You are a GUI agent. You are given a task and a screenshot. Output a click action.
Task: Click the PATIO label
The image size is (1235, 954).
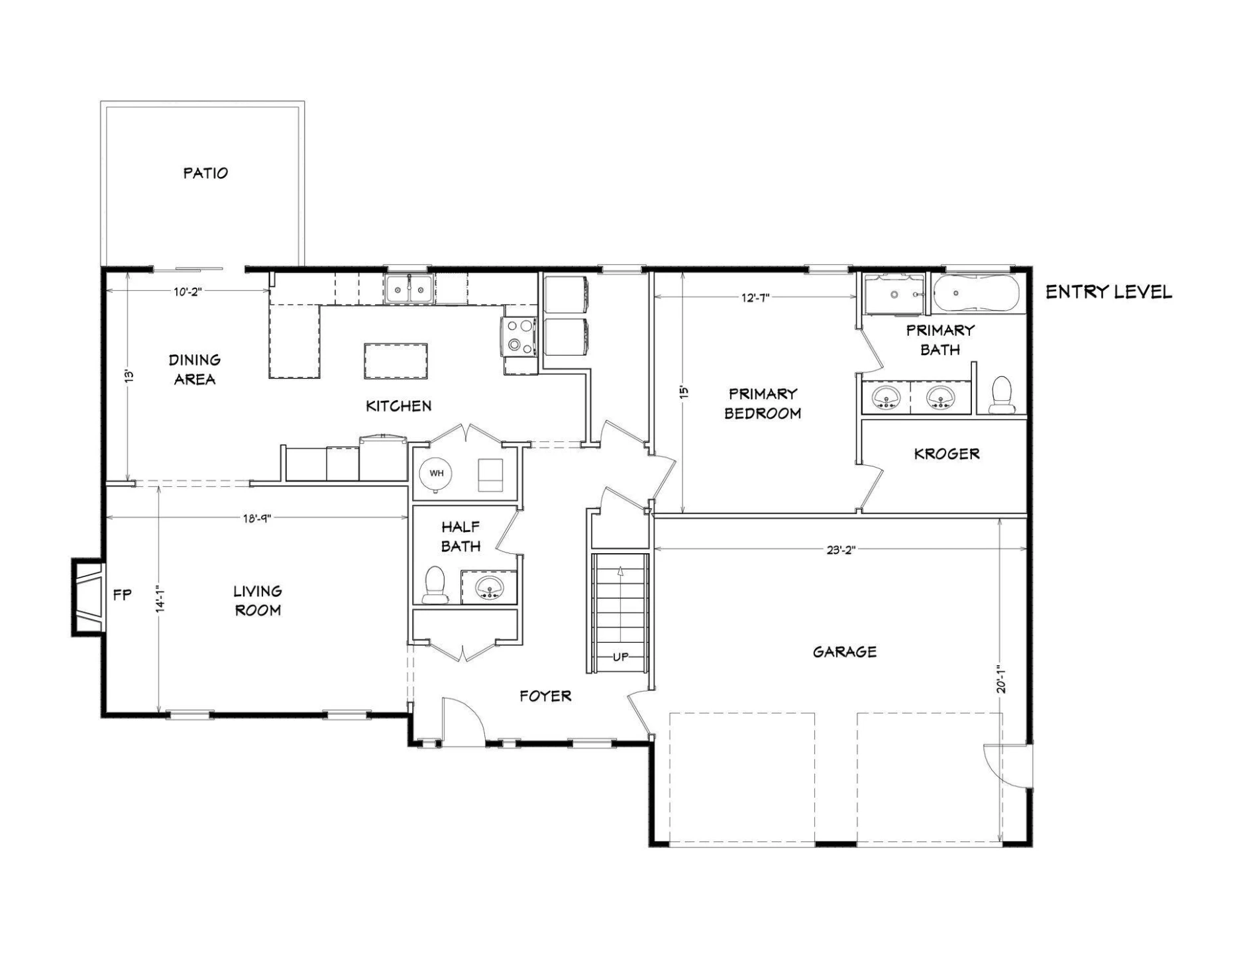205,173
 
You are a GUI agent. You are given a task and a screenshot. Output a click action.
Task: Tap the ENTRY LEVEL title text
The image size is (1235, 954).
1108,291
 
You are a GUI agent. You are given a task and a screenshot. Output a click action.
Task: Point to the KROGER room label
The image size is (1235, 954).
946,454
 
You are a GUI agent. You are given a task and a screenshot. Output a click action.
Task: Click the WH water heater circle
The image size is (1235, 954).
436,473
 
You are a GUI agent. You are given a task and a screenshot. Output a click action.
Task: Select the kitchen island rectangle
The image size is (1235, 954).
396,361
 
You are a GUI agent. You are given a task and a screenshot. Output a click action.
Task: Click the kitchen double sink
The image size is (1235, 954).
409,290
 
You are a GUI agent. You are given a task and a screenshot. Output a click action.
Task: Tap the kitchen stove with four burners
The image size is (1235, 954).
519,337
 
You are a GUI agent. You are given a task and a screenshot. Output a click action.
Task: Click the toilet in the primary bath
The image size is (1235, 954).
1001,396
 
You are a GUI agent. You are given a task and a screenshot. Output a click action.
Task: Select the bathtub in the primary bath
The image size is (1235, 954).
976,293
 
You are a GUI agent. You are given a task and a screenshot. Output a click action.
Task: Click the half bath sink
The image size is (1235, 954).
490,587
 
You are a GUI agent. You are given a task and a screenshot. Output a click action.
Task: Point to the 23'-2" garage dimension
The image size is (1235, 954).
841,549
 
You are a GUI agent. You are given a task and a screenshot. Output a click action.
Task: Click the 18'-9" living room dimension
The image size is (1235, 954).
256,518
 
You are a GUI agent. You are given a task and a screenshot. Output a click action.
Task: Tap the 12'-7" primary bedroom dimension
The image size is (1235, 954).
755,297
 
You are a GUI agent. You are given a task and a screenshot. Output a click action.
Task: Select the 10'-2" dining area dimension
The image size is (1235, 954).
187,291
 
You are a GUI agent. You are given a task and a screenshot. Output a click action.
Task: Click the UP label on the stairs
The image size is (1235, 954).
620,657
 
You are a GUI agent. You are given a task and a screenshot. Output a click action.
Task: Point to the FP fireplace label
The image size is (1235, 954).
123,595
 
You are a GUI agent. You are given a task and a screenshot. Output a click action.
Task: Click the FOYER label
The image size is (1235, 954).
545,696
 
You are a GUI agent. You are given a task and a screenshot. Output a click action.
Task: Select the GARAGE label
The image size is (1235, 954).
845,652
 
